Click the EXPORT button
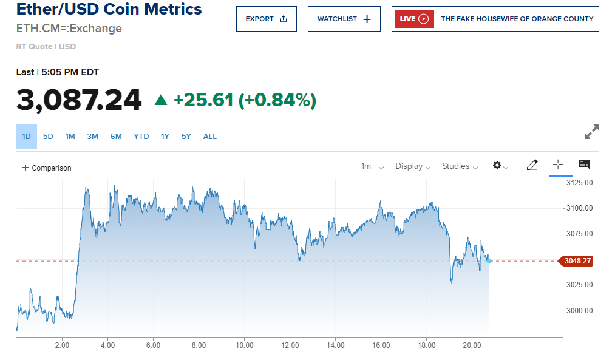[x=266, y=19]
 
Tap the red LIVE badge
[x=414, y=19]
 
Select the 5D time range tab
[x=48, y=137]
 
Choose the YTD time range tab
[x=141, y=137]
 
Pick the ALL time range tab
[x=209, y=137]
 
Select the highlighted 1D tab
[x=26, y=137]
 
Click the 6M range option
[x=116, y=137]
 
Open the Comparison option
[x=47, y=168]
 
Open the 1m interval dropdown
[x=372, y=166]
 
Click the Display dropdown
[x=413, y=166]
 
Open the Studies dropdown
[x=460, y=166]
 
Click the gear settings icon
[x=499, y=166]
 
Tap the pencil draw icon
[x=532, y=165]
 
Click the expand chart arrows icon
[x=591, y=132]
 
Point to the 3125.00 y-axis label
[x=579, y=183]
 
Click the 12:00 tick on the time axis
[x=290, y=345]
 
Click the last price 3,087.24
[x=79, y=100]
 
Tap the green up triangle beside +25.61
[x=161, y=100]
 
